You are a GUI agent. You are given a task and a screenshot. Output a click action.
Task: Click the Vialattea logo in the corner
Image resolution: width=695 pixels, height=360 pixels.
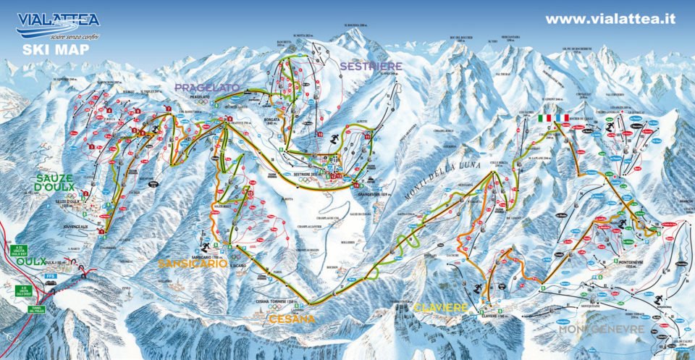58,25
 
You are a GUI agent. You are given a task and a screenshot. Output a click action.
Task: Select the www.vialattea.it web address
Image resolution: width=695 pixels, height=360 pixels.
610,20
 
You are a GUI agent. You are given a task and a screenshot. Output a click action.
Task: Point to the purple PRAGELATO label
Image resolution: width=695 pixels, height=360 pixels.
206,88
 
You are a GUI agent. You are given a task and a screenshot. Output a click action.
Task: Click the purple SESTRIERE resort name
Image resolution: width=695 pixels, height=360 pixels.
370,66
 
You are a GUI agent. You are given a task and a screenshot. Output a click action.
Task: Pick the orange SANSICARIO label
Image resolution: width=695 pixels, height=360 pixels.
193,264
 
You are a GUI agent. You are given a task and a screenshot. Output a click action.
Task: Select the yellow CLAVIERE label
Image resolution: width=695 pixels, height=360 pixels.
442,307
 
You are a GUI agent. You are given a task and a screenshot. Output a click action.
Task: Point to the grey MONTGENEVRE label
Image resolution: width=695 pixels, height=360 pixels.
601,329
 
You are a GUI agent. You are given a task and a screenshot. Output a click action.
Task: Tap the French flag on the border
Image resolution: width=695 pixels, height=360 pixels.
562,118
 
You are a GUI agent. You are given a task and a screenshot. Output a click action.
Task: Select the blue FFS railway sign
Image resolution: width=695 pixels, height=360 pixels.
51,276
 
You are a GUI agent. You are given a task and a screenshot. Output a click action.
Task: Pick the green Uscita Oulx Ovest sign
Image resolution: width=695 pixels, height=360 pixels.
23,290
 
